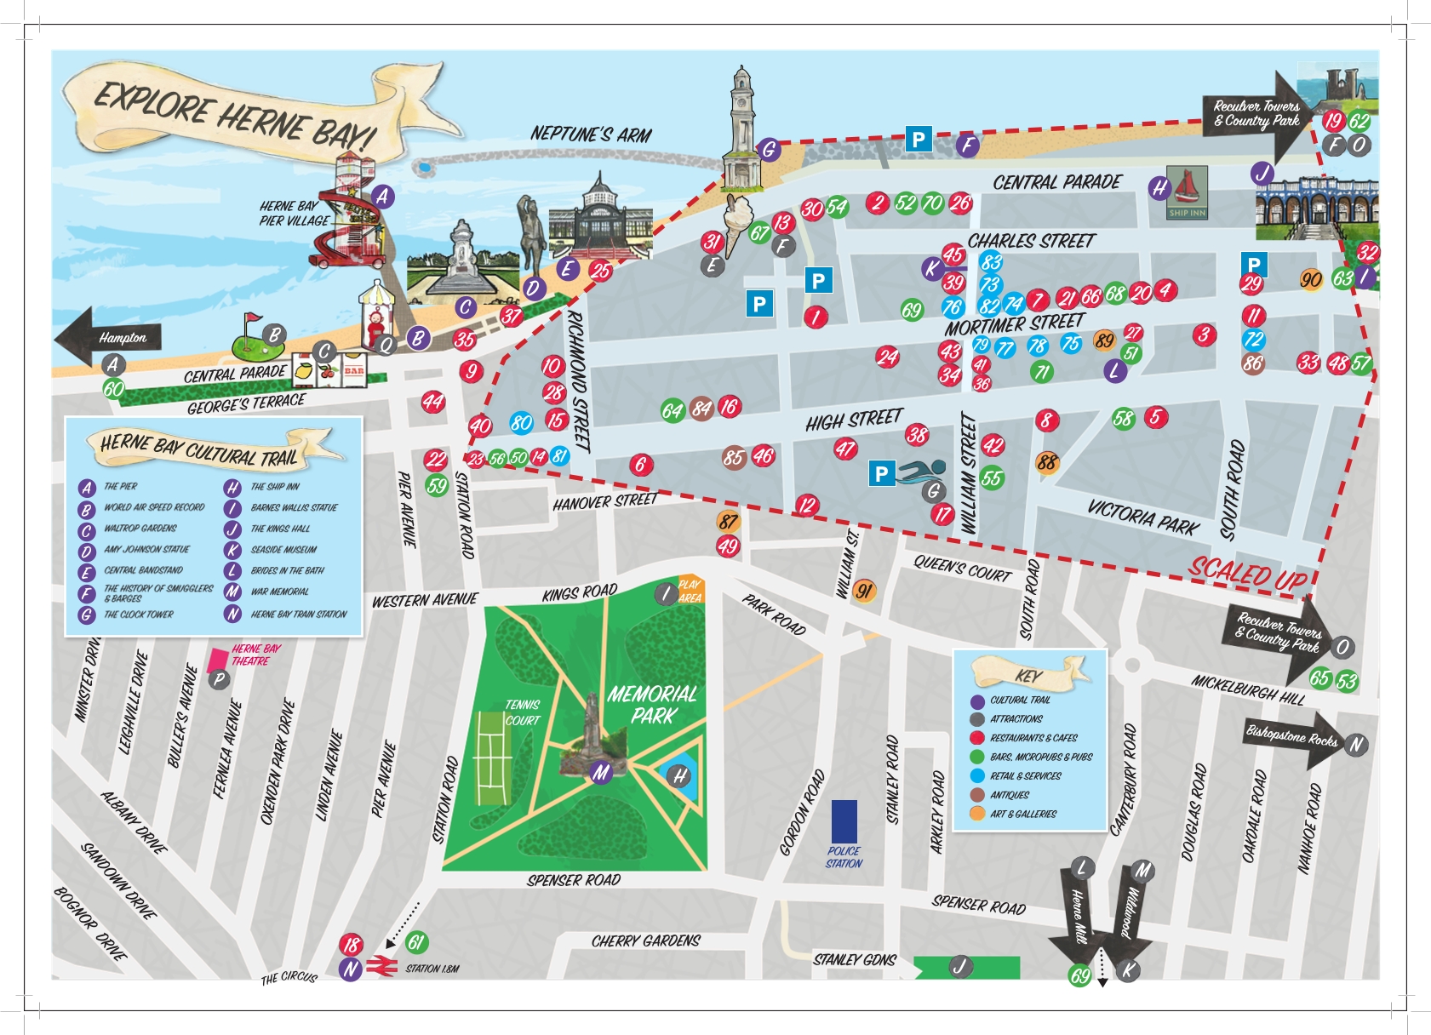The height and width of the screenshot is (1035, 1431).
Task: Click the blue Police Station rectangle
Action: coord(844,821)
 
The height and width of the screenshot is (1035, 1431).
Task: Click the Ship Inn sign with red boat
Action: coord(1187,192)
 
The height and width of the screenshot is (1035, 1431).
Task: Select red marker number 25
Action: coord(601,271)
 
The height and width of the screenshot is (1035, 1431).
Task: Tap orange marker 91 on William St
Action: coord(864,591)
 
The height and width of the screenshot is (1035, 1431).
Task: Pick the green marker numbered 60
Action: coord(113,389)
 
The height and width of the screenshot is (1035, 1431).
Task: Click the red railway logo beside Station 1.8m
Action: coord(381,967)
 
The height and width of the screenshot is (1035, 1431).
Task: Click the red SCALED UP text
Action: coord(1247,574)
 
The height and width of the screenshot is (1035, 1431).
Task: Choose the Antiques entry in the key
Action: coord(1010,795)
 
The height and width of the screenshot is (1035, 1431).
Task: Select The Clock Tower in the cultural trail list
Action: coord(138,615)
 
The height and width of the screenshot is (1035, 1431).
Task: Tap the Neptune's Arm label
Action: coord(591,134)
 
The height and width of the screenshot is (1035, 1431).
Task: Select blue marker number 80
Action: coord(521,422)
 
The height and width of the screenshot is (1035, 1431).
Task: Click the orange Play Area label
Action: coord(690,591)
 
